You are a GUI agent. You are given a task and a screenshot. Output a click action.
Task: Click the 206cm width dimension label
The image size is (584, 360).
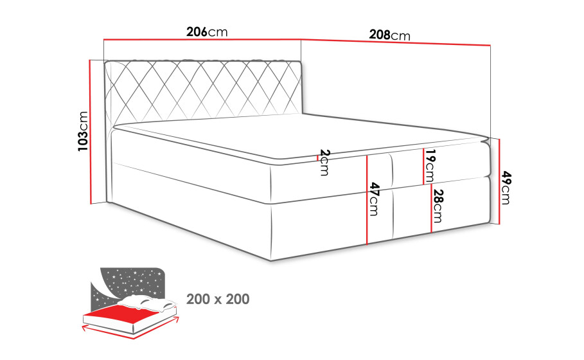(207, 32)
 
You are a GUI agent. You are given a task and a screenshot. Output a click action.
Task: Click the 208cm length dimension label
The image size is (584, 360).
(389, 35)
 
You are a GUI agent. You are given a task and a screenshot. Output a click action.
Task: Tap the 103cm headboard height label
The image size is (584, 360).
(83, 131)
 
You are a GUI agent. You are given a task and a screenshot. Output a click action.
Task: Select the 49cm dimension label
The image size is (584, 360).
(506, 188)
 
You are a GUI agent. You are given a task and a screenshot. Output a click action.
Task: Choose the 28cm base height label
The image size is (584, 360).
(438, 206)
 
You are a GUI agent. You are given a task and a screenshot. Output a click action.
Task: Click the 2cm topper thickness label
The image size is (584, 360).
(324, 163)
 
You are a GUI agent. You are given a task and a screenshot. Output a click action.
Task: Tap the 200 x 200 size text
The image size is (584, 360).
(218, 300)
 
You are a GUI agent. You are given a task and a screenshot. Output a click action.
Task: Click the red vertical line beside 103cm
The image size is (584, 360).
(90, 132)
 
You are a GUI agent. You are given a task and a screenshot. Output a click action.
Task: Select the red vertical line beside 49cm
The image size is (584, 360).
(499, 181)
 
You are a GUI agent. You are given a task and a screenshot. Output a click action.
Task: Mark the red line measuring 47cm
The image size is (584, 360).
(367, 200)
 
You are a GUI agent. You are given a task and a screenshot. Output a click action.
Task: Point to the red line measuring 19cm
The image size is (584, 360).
(423, 166)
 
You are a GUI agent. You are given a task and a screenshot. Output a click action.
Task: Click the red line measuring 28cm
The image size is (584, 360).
(432, 209)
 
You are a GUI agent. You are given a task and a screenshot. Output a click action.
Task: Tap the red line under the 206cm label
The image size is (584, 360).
(202, 39)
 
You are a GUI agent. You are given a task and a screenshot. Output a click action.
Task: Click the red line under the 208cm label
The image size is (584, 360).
(396, 42)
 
